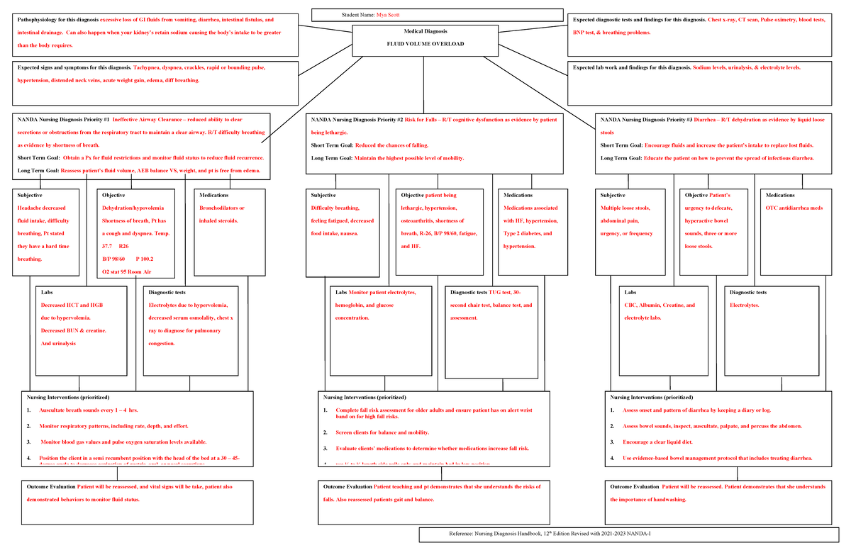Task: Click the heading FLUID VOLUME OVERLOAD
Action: (x=424, y=44)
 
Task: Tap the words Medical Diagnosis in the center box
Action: (x=424, y=32)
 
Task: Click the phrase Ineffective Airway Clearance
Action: (x=155, y=120)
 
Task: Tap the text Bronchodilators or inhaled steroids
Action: (x=222, y=215)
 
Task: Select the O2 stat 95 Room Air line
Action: (x=127, y=271)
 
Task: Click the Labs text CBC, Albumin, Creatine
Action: (x=660, y=305)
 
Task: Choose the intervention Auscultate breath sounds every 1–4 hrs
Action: (x=89, y=410)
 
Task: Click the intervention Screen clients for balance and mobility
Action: (x=382, y=432)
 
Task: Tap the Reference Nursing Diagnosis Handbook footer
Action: (x=550, y=534)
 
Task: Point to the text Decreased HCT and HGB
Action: (x=72, y=305)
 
